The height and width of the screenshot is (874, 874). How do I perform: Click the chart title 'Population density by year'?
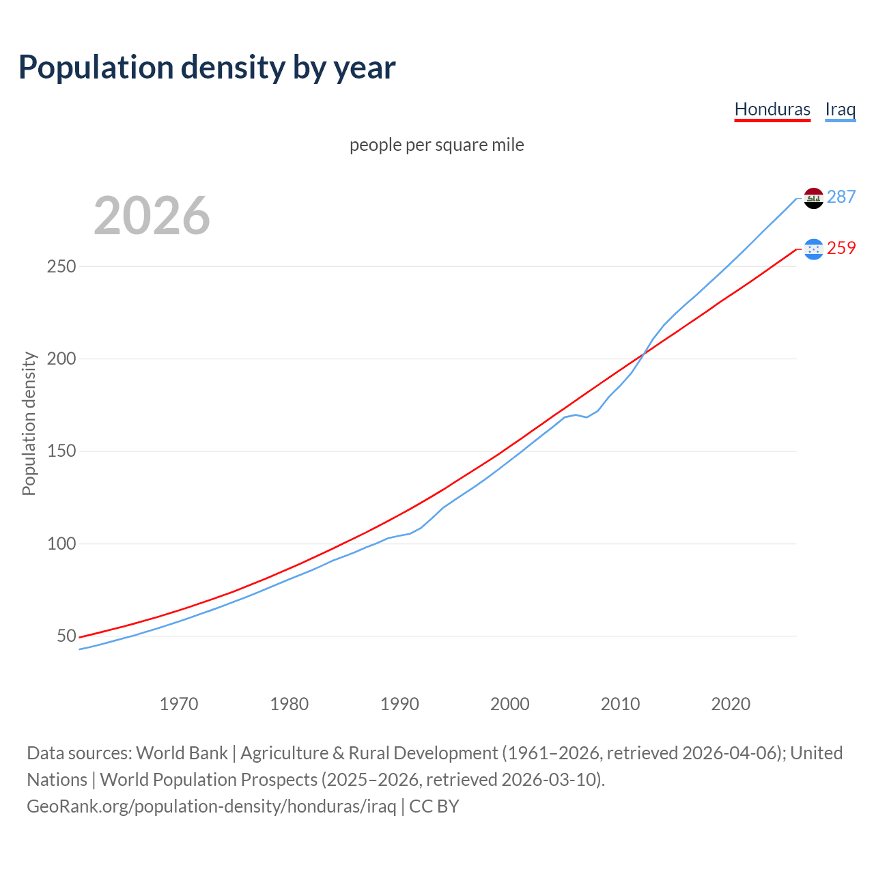click(207, 68)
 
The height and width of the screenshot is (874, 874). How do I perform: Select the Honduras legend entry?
click(772, 109)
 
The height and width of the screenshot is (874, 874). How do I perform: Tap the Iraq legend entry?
click(840, 109)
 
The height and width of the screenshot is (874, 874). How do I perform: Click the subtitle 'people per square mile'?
click(436, 145)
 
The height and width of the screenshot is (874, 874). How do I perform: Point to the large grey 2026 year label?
click(152, 216)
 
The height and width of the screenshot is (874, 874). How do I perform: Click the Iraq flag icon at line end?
click(813, 198)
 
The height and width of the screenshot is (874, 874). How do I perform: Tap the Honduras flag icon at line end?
click(813, 249)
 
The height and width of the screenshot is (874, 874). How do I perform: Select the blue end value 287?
click(841, 197)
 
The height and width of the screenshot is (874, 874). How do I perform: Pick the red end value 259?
click(841, 249)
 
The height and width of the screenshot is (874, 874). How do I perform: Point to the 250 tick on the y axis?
click(61, 266)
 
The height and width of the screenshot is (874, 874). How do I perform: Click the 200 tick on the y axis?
click(61, 358)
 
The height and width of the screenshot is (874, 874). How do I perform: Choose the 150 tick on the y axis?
click(61, 451)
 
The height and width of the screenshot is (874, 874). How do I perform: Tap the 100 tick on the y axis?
click(61, 544)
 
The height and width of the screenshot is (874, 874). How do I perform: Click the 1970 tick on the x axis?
click(179, 704)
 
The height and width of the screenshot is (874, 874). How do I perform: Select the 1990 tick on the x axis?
click(399, 704)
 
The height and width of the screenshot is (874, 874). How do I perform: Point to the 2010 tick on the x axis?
click(620, 704)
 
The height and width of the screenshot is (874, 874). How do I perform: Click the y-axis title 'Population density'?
click(29, 423)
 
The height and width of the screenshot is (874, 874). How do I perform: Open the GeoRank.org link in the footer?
click(212, 806)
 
